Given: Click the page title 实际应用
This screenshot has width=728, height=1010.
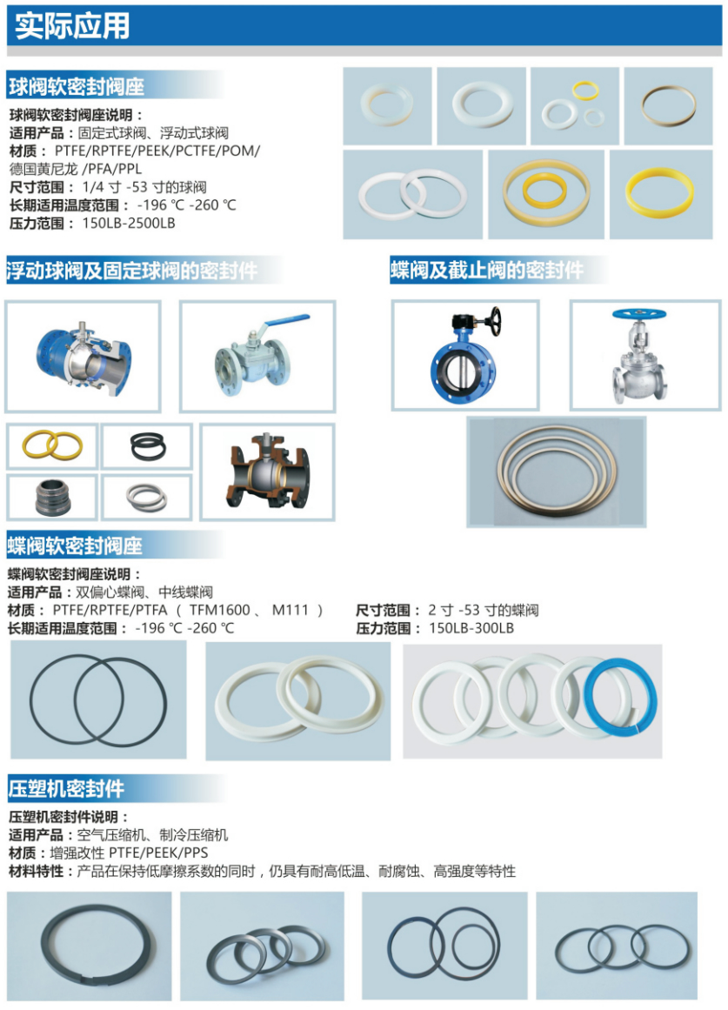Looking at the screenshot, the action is (x=72, y=26).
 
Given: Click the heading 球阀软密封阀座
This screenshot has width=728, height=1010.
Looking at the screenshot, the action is (x=76, y=87).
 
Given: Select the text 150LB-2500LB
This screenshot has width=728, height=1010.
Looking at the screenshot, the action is (x=129, y=224).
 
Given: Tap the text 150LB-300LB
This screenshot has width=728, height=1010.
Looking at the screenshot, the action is (x=471, y=628).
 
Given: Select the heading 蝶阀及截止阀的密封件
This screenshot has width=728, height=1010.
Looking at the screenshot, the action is (x=487, y=270).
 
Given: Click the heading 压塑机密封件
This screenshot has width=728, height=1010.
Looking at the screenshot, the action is (x=66, y=789).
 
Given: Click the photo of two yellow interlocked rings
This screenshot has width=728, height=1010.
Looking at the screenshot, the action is (x=52, y=445).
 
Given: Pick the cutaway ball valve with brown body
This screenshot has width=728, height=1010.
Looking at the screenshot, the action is (x=267, y=472).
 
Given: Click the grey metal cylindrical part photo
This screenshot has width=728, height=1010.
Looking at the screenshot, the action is (x=52, y=498).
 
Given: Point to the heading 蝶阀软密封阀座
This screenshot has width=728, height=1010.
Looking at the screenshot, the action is (x=75, y=546).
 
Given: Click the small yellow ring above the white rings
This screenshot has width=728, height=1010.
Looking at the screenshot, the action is (x=586, y=89).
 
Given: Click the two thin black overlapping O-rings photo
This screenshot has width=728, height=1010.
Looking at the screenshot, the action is (x=98, y=701).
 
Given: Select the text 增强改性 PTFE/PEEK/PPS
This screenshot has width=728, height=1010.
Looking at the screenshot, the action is (x=129, y=853).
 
